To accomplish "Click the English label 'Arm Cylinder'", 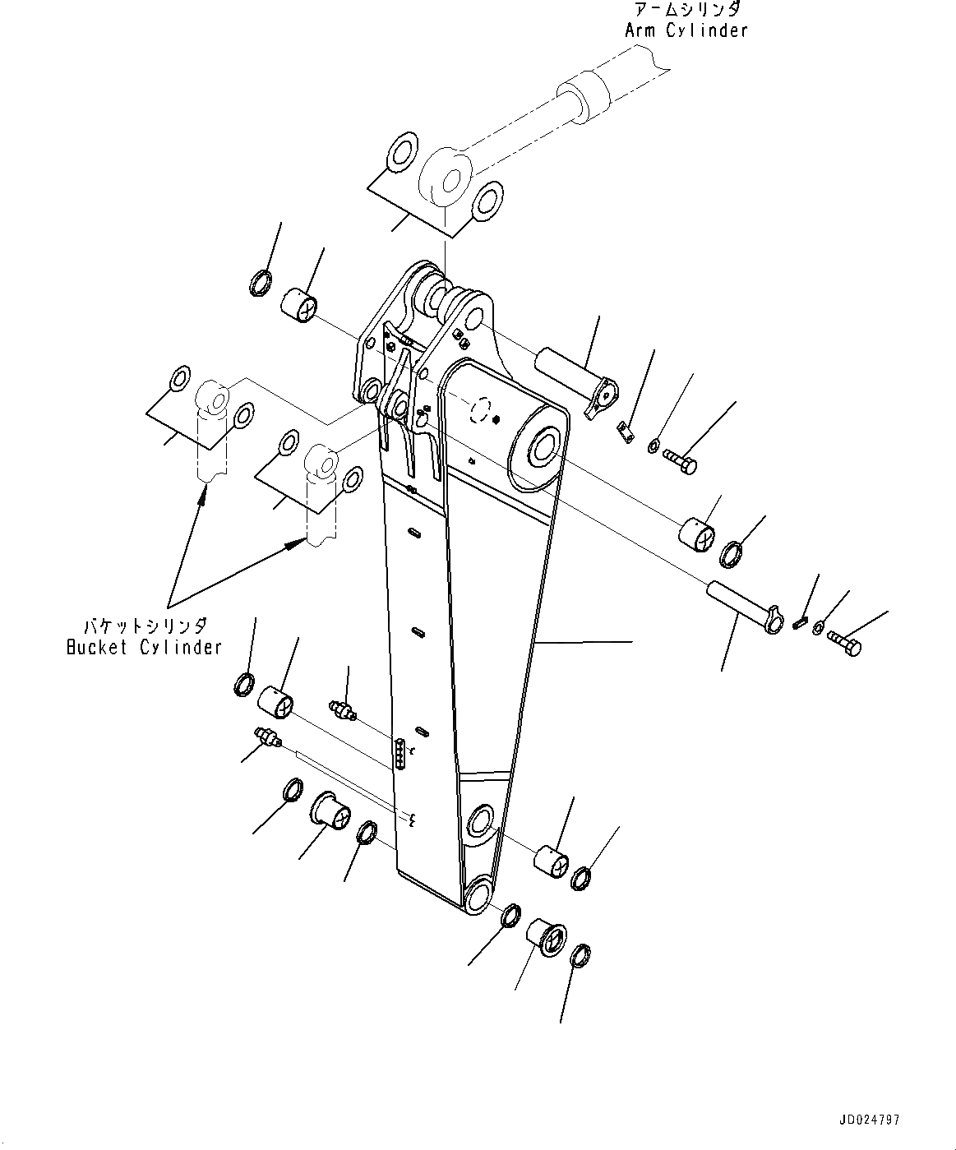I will pyautogui.click(x=686, y=30).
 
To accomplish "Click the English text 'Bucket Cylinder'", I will pyautogui.click(x=144, y=647).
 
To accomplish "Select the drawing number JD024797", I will pyautogui.click(x=869, y=1120).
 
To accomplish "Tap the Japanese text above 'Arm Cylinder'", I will pyautogui.click(x=686, y=10).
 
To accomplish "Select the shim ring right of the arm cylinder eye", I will pyautogui.click(x=487, y=201).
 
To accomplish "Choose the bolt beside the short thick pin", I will pyautogui.click(x=680, y=459).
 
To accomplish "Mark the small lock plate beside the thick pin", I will pyautogui.click(x=626, y=430).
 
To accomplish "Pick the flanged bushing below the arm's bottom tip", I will pyautogui.click(x=546, y=936).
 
